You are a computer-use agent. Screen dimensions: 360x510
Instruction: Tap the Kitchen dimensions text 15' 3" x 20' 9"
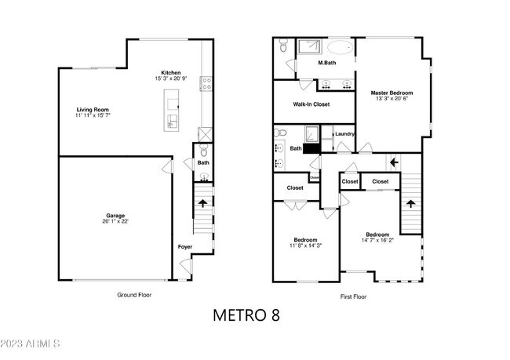coord(172,78)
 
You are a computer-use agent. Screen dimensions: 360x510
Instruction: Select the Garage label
coord(116,215)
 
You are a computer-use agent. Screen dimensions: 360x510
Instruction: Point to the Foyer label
coord(184,246)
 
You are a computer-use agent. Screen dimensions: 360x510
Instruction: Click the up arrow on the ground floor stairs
coord(202,202)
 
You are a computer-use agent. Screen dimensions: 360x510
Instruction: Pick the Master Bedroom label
coord(392,93)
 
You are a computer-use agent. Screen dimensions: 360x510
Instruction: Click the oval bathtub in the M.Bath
coord(338,45)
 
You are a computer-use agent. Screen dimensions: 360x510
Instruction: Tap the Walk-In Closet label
coord(311,104)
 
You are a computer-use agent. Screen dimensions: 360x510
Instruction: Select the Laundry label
coord(345,133)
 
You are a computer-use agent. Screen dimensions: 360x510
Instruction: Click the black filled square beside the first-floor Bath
coord(312,147)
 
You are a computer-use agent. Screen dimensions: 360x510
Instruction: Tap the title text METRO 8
coord(246,315)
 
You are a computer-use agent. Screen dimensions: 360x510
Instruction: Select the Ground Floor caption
coord(133,295)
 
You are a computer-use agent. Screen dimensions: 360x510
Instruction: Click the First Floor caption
coord(353,296)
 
